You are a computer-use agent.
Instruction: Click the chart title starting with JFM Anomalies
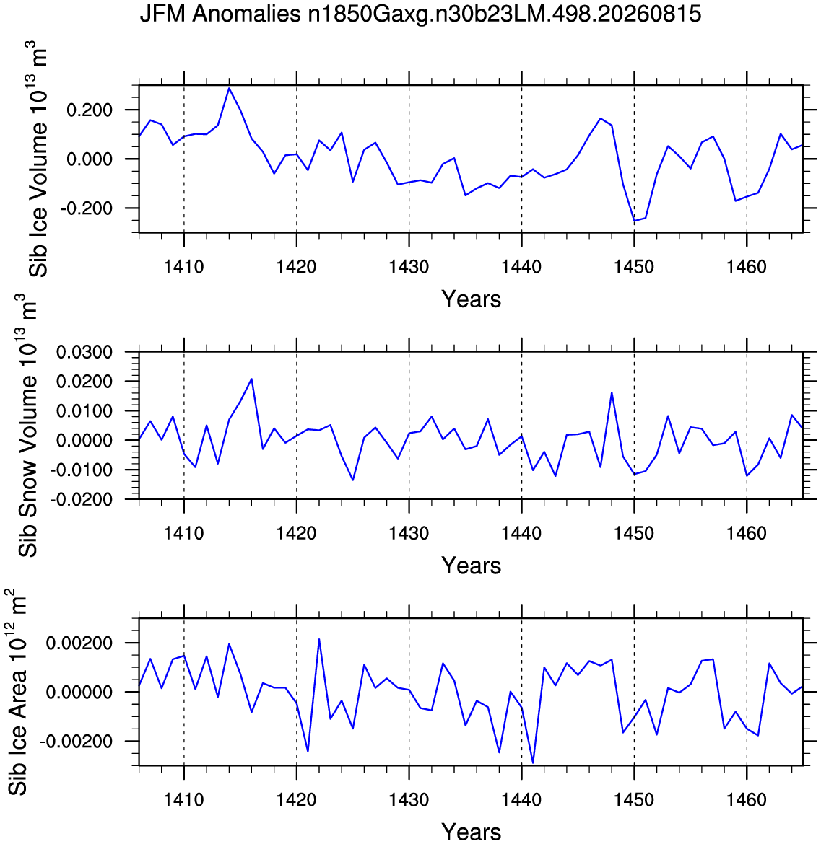[420, 14]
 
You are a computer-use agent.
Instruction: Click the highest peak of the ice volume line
[229, 88]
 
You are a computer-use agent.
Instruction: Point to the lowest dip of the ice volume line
[634, 221]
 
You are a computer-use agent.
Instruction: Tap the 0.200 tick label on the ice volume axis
[90, 110]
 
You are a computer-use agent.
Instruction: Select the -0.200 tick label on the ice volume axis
[86, 208]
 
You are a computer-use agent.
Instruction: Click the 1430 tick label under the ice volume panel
[409, 266]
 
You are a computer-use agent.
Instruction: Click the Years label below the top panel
[472, 299]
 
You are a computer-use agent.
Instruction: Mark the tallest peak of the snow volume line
[251, 379]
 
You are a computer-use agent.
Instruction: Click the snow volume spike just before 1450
[612, 392]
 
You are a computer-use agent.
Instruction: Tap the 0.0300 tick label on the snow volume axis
[84, 353]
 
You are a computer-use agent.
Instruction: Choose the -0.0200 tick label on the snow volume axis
[81, 499]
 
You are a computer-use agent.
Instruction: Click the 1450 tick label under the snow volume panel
[634, 533]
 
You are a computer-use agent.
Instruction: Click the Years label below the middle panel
[472, 566]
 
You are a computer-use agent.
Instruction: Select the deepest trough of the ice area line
[533, 762]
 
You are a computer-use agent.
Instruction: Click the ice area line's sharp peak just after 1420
[319, 639]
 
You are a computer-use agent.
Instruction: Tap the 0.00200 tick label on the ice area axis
[79, 643]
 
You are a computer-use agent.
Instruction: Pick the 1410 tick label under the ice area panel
[183, 800]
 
